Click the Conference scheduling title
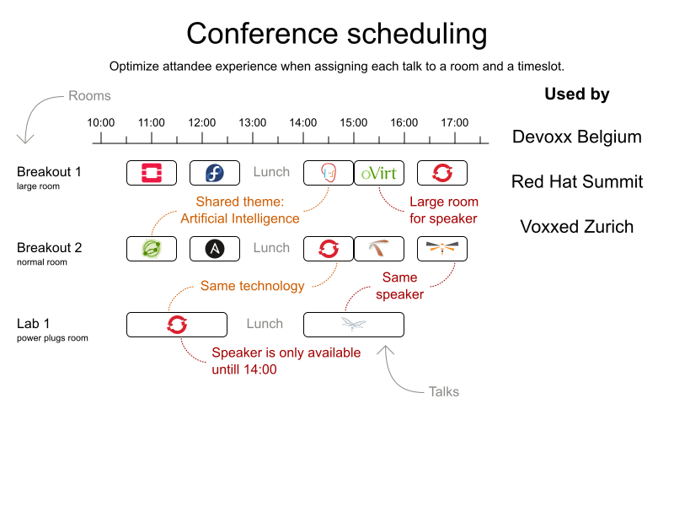[336, 34]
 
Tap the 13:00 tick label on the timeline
[253, 123]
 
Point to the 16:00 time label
[404, 123]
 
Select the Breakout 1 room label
[49, 172]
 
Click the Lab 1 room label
[34, 324]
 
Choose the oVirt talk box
[378, 173]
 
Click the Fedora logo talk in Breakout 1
[215, 173]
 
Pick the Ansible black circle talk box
[215, 249]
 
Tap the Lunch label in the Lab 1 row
[265, 324]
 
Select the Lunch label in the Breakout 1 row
[271, 172]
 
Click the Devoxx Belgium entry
[577, 137]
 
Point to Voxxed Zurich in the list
[577, 227]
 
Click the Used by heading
[577, 94]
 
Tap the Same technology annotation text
[252, 286]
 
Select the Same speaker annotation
[399, 286]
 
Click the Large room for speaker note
[443, 210]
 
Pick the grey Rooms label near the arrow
[89, 96]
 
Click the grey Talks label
[445, 391]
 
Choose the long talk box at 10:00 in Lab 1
[177, 325]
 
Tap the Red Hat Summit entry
[577, 182]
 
